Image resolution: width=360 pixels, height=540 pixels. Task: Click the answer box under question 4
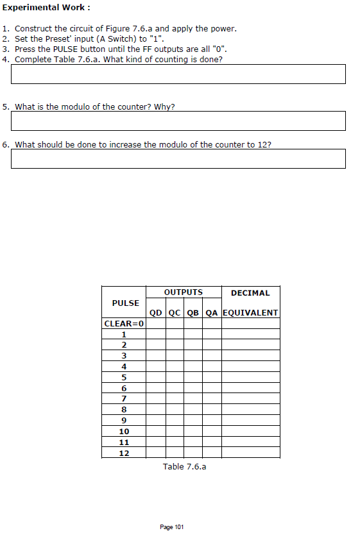click(x=178, y=74)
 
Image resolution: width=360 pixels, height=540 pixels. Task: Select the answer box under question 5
click(x=178, y=121)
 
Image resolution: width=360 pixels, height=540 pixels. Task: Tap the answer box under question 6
click(x=178, y=158)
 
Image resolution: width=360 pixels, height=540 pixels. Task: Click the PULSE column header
click(x=125, y=303)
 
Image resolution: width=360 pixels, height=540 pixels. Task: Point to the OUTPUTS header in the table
click(x=184, y=292)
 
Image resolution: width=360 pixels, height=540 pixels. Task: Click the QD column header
click(x=156, y=313)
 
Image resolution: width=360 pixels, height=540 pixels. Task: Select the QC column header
click(x=175, y=313)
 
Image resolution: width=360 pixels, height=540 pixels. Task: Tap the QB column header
click(x=193, y=313)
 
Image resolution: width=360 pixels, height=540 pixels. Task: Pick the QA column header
click(x=212, y=313)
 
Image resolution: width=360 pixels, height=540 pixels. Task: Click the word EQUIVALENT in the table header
click(x=250, y=313)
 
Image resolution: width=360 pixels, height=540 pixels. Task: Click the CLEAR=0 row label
click(x=124, y=323)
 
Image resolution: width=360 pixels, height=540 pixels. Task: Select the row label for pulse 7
click(x=124, y=399)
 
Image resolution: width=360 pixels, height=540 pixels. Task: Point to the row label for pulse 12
click(x=124, y=453)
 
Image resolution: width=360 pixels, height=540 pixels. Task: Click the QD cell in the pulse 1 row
click(x=156, y=333)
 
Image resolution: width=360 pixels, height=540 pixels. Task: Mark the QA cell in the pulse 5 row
click(x=212, y=377)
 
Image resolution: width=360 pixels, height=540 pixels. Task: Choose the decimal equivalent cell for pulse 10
click(x=250, y=431)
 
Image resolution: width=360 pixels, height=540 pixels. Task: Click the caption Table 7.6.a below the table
click(x=184, y=466)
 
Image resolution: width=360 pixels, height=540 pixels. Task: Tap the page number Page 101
click(x=171, y=527)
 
